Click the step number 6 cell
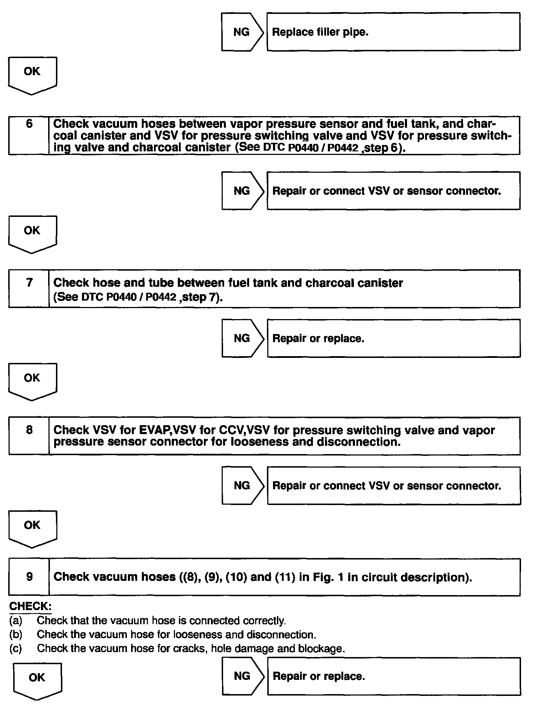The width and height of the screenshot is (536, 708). click(x=29, y=135)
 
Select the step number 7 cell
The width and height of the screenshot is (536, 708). click(x=29, y=288)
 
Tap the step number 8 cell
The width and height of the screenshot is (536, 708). click(x=29, y=436)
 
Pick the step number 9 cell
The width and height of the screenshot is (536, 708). click(x=29, y=577)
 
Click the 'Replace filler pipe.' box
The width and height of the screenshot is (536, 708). click(x=393, y=32)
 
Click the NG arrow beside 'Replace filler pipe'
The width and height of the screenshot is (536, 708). click(x=242, y=32)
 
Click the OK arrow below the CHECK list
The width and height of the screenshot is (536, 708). click(x=37, y=681)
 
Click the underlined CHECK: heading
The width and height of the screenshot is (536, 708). click(x=30, y=607)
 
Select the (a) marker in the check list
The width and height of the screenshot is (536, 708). click(x=16, y=621)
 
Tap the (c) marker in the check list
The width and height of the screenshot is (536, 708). click(x=16, y=649)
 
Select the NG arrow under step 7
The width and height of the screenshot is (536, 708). click(x=242, y=338)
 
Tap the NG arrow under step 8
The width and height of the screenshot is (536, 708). click(x=242, y=485)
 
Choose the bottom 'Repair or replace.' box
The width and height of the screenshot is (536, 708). click(x=393, y=676)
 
